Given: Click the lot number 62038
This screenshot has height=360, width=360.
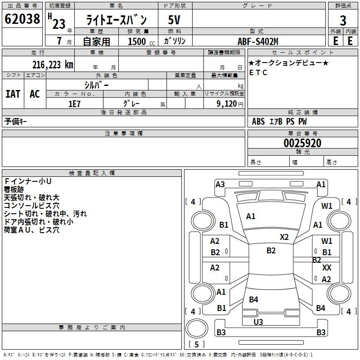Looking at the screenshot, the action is pyautogui.click(x=22, y=19).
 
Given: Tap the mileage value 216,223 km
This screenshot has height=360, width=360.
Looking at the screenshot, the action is pyautogui.click(x=53, y=65).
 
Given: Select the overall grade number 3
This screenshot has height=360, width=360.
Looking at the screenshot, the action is pyautogui.click(x=343, y=21).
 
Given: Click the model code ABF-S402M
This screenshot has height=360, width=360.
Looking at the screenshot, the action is pyautogui.click(x=258, y=41).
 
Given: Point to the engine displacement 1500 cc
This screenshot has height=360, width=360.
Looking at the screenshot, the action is pyautogui.click(x=141, y=41).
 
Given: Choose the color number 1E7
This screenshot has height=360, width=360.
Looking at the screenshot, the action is pyautogui.click(x=74, y=104).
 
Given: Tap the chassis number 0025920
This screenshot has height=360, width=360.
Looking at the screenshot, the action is pyautogui.click(x=302, y=143).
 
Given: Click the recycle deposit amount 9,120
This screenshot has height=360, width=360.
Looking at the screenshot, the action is pyautogui.click(x=227, y=104).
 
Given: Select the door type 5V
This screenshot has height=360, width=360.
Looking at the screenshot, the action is pyautogui.click(x=174, y=20).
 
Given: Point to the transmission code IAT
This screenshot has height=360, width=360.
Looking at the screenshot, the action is pyautogui.click(x=13, y=94).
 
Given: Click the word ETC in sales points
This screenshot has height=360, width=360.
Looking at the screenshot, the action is pyautogui.click(x=258, y=72).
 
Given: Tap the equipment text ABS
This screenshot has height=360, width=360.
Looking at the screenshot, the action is pyautogui.click(x=258, y=121).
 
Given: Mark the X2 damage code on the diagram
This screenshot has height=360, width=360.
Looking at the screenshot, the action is pyautogui.click(x=284, y=237).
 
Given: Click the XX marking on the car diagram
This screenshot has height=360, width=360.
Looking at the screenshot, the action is pyautogui.click(x=327, y=267).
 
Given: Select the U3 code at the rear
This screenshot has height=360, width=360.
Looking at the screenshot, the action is pyautogui.click(x=258, y=322).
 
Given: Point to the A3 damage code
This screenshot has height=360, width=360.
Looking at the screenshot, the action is pyautogui.click(x=220, y=184).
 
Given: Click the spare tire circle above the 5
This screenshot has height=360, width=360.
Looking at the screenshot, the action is pyautogui.click(x=197, y=328).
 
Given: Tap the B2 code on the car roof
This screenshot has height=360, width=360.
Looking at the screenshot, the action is pyautogui.click(x=271, y=251).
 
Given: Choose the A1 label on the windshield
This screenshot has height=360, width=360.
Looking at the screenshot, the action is pyautogui.click(x=251, y=216).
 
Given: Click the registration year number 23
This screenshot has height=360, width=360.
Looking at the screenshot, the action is pyautogui.click(x=59, y=24).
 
